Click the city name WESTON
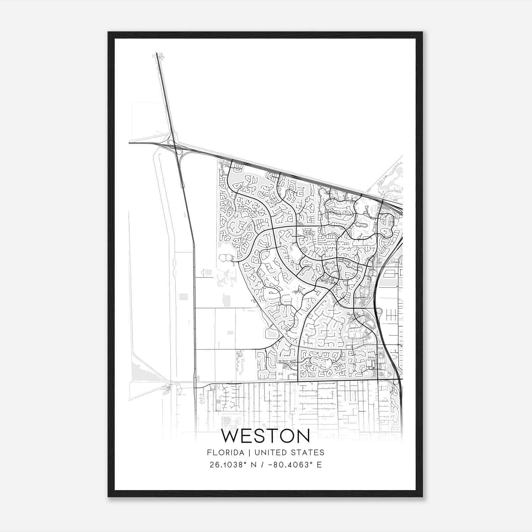click(265, 436)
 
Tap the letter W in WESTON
click(229, 436)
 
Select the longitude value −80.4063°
click(286, 465)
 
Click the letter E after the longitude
click(319, 465)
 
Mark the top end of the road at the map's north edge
click(157, 54)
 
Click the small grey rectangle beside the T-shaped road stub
click(208, 272)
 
